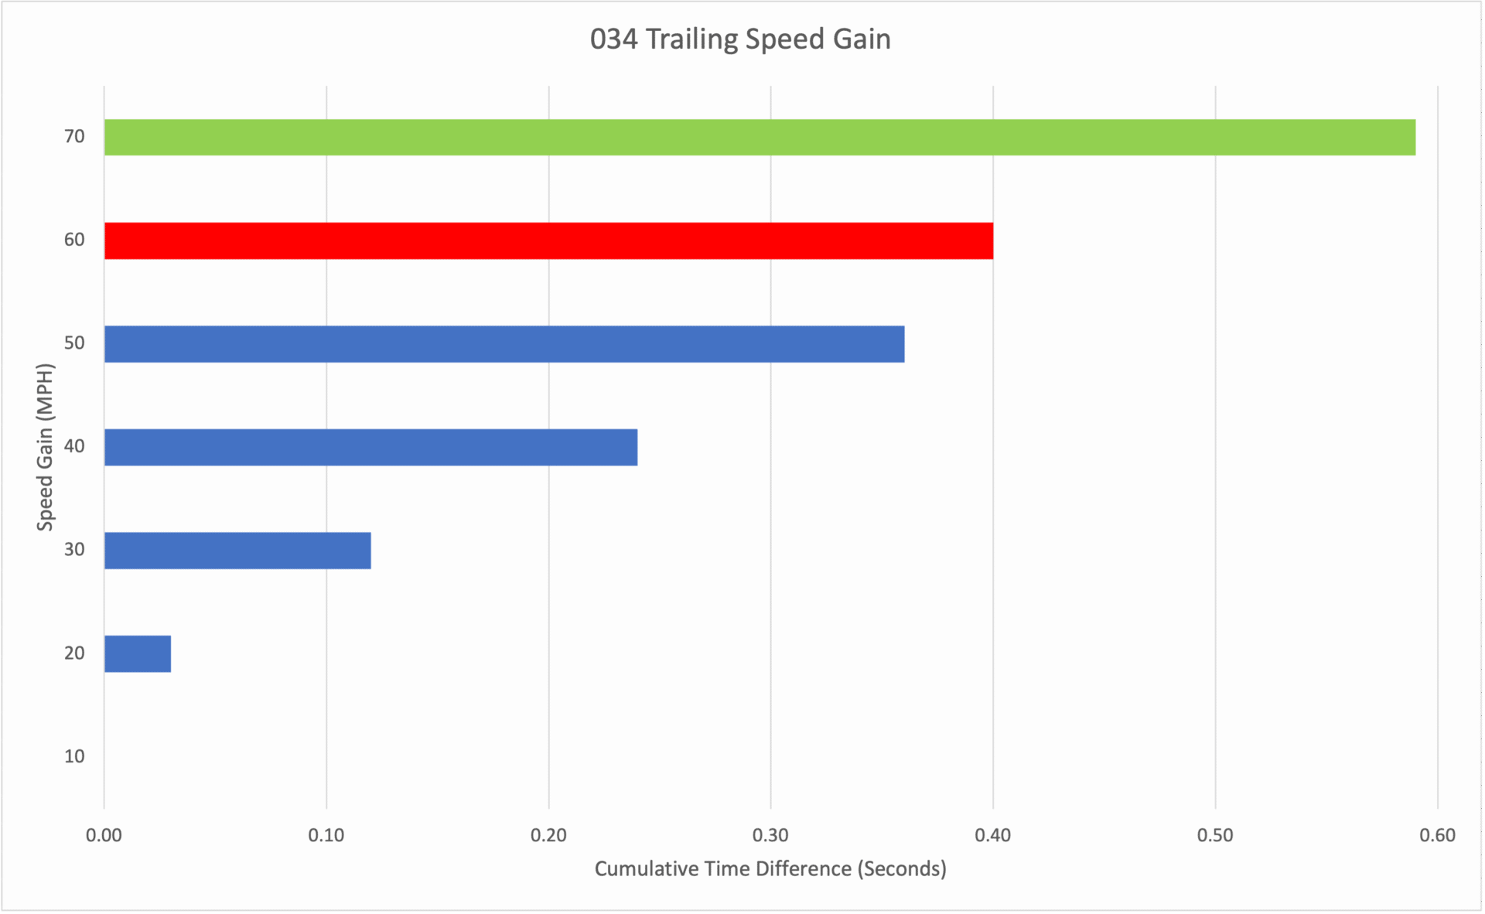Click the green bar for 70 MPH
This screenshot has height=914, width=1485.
click(x=760, y=138)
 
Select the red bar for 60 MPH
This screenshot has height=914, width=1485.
click(x=548, y=240)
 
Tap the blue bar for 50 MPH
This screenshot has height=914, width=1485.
click(x=504, y=344)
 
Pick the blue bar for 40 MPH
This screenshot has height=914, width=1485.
click(x=370, y=447)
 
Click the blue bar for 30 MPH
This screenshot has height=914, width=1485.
click(x=237, y=551)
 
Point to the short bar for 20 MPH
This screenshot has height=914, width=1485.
click(x=138, y=654)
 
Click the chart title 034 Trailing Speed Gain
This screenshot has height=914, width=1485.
click(x=740, y=39)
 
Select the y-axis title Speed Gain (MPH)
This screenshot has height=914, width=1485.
click(x=45, y=447)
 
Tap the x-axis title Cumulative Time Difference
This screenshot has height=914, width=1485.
click(x=770, y=869)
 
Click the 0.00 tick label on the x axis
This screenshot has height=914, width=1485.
click(x=104, y=835)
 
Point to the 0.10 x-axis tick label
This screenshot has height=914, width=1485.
click(x=326, y=835)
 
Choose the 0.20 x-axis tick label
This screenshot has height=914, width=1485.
click(x=548, y=835)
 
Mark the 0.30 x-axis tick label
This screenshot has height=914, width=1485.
click(x=770, y=835)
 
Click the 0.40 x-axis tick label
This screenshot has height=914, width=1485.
click(x=992, y=835)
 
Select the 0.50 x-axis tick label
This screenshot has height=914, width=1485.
click(x=1215, y=835)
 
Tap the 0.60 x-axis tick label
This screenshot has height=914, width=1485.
click(x=1438, y=835)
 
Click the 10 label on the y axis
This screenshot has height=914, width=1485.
click(x=74, y=756)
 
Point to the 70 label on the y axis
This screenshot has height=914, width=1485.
click(x=74, y=137)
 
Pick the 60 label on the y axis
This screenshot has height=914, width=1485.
click(x=74, y=240)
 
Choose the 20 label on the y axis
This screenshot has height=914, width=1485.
click(x=74, y=653)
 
